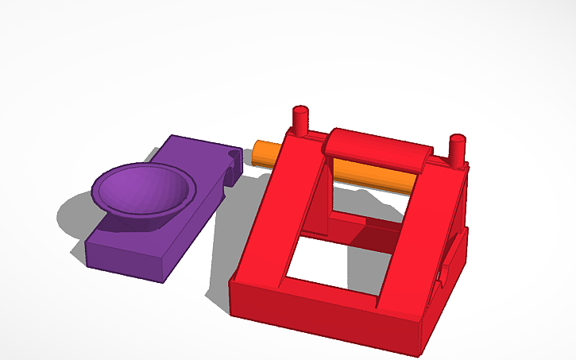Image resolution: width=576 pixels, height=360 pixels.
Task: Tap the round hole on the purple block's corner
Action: (x=233, y=153)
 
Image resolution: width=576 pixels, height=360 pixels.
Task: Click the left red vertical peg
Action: (x=300, y=121)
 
